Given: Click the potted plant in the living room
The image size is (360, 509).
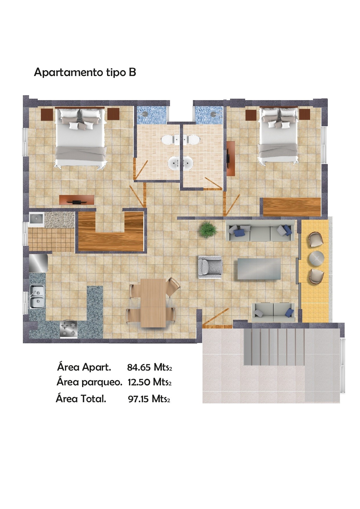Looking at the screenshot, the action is click(208, 230).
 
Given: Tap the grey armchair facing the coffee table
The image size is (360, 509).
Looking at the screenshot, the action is click(210, 267).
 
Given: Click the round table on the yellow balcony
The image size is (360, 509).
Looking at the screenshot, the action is click(316, 258).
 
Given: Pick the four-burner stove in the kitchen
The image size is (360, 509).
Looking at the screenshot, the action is click(69, 329).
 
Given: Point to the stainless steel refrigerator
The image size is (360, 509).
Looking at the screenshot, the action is click(39, 263).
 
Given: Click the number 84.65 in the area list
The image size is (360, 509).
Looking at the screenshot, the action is click(139, 367).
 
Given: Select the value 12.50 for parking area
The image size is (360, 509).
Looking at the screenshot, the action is click(139, 382).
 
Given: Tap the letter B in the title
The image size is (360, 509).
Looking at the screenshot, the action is click(132, 72).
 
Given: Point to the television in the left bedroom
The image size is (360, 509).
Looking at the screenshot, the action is click(77, 200).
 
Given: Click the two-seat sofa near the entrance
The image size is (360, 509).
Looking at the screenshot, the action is click(273, 312).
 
